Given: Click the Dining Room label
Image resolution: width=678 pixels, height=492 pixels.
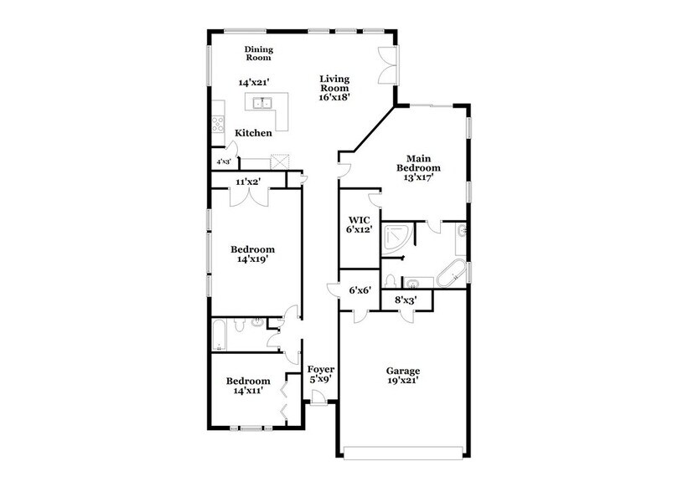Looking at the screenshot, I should click(x=259, y=54).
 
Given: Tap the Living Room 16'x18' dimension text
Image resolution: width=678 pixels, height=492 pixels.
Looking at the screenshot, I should click(x=334, y=96).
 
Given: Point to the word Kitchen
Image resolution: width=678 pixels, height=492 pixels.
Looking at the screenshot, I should click(x=252, y=133).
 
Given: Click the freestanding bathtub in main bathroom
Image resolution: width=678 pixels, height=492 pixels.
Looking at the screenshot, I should click(x=452, y=274).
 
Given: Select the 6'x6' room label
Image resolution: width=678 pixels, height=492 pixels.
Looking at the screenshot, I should click(x=360, y=290).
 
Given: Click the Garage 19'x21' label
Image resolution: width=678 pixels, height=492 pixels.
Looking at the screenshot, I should click(x=402, y=375).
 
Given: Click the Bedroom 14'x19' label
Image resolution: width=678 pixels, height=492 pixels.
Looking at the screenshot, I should click(x=252, y=254).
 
